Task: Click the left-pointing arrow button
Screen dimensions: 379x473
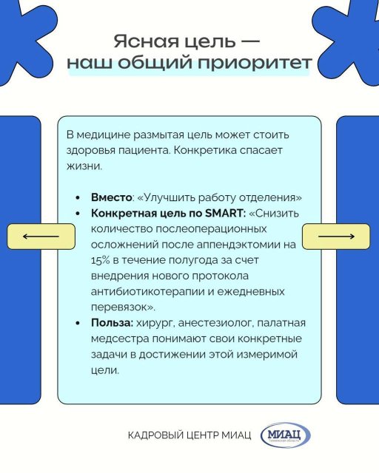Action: pos(41,236)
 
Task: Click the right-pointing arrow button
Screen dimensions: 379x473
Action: pos(336,236)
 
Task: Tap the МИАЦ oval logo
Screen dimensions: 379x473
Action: pos(285,435)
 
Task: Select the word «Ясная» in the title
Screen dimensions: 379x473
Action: pos(147,41)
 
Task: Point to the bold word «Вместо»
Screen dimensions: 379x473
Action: pos(111,197)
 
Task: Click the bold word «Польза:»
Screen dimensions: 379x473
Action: pos(112,323)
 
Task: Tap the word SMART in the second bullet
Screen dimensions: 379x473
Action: pos(224,214)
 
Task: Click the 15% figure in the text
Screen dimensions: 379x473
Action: pos(101,260)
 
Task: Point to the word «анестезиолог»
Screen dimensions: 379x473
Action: pos(216,324)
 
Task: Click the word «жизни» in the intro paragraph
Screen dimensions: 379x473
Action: pos(84,166)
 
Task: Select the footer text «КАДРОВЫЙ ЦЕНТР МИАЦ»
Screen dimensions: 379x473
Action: pos(189,435)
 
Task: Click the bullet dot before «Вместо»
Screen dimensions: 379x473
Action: pos(78,197)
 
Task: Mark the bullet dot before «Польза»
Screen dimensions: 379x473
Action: pos(78,323)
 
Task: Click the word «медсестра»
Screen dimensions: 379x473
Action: pos(120,338)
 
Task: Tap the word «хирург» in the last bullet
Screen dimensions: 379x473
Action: pos(155,324)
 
